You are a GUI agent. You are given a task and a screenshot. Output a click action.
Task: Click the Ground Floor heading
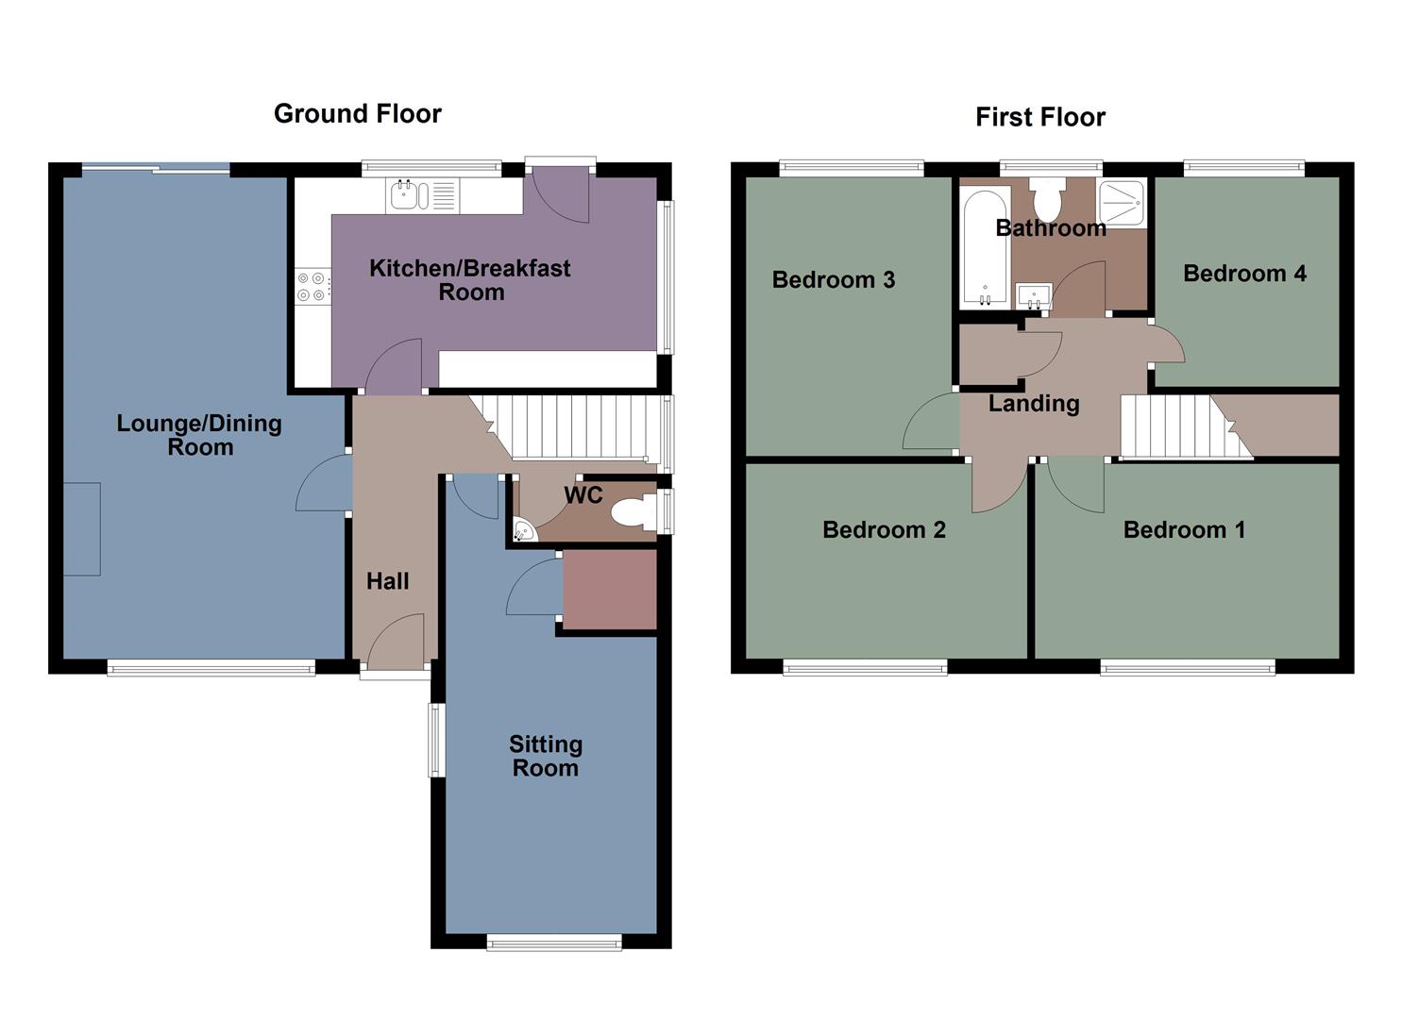pos(357,114)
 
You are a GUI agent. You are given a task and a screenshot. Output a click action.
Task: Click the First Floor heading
pos(1039,117)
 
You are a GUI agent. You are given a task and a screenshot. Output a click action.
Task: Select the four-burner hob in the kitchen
pos(312,287)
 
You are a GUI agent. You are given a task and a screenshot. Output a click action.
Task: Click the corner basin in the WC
pos(523,531)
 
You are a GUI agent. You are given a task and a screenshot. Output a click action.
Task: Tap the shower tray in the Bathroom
pos(1122,202)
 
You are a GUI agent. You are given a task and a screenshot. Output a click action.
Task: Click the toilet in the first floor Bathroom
pos(1047,199)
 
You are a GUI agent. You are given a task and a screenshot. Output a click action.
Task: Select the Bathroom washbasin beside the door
pos(1034,296)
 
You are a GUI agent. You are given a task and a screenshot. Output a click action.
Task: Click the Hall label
pos(387,581)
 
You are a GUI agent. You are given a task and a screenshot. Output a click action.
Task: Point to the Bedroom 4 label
pos(1244,274)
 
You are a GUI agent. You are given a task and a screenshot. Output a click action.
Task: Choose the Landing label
pos(1034,404)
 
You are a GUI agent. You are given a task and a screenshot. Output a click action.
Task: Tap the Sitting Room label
pos(546,756)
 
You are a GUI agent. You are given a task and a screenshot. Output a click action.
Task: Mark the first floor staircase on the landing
pos(1180,426)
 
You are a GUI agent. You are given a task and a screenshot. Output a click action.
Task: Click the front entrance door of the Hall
pos(395,645)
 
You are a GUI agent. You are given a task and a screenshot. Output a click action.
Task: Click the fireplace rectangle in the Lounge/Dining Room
pos(82,528)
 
